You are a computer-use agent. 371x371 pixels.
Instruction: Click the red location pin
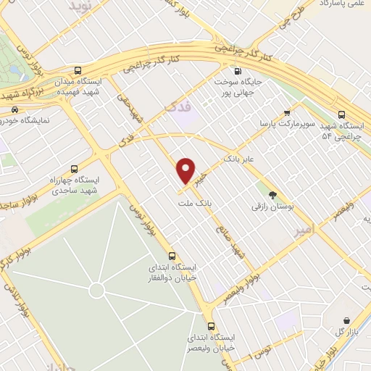(186, 170)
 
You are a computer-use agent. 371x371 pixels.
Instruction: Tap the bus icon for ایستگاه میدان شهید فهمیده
(97, 72)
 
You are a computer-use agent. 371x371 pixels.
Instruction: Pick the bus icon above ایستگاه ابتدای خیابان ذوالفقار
(172, 256)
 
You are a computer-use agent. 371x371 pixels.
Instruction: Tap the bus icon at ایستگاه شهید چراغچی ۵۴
(342, 114)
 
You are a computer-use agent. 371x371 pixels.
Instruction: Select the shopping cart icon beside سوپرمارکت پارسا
(287, 112)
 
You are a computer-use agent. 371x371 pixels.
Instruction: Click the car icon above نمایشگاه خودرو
(14, 110)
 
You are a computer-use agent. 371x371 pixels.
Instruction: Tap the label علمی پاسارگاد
(341, 4)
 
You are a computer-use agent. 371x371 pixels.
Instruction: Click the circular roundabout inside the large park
(96, 291)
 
